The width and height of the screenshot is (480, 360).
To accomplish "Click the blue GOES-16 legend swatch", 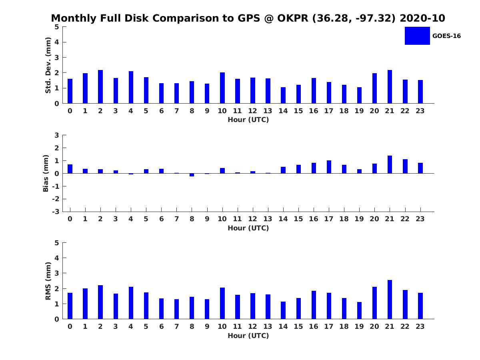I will click(417, 36).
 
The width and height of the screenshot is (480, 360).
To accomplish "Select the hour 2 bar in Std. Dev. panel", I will click(100, 87).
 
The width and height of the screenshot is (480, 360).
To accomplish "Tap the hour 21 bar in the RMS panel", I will click(390, 300).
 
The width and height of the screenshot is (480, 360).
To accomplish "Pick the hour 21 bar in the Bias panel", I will click(390, 164).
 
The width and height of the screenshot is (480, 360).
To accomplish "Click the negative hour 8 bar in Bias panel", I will click(192, 175).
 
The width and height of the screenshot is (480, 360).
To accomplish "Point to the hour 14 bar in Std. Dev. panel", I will click(283, 95).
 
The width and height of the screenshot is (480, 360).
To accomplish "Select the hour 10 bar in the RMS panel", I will click(222, 303).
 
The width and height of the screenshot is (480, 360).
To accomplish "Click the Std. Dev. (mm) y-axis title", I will click(48, 65).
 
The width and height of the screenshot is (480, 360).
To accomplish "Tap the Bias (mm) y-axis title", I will click(46, 173).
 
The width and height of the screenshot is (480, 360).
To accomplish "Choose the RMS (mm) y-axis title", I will click(48, 281).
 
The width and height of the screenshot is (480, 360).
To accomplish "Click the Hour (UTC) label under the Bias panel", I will click(248, 228).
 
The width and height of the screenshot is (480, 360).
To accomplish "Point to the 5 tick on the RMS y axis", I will click(57, 243).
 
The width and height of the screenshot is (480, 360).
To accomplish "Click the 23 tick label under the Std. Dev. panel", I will click(420, 111).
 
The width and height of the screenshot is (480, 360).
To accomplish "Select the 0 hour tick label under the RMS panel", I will click(70, 326).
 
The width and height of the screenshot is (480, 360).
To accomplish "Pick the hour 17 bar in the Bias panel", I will click(329, 167).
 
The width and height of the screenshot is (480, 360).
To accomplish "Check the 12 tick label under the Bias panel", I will click(253, 219).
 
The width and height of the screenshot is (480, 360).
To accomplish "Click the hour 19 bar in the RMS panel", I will click(359, 310).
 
